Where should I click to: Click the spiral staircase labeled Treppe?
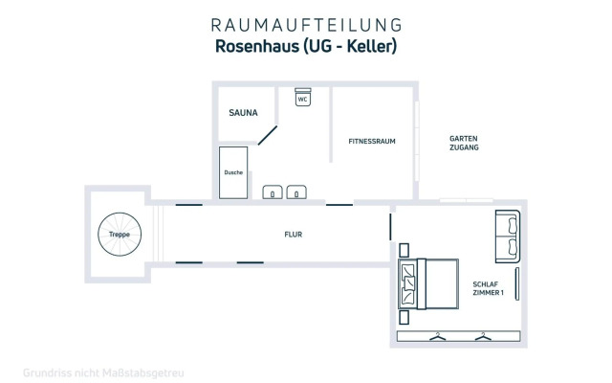coord(120,235)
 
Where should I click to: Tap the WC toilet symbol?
coord(302,99)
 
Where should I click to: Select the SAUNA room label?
coord(244,112)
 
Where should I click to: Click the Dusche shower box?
coord(233,172)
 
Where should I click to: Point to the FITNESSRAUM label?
coord(372,141)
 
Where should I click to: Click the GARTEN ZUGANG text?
coord(464,144)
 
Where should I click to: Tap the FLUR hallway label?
coord(294,234)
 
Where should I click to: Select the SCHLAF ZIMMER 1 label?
coord(488,288)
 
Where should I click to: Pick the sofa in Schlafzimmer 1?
coord(508,236)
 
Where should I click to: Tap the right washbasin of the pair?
coord(296,191)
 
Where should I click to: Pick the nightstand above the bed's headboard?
coord(406,247)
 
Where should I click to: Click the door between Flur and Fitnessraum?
coord(339,204)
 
